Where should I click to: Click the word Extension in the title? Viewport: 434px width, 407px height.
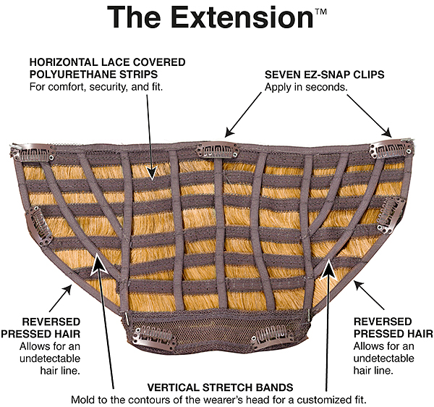tap(242, 17)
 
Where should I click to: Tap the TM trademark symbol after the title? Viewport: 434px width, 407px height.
tap(320, 12)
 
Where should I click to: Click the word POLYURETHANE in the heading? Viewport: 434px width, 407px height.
tap(93, 75)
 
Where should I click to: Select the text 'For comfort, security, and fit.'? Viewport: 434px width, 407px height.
tap(96, 87)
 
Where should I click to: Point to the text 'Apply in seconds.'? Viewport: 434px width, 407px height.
tap(306, 88)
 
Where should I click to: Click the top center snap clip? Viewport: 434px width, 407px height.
tap(217, 151)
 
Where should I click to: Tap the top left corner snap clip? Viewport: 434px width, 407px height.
tap(33, 152)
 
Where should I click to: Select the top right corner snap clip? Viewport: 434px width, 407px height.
tap(391, 149)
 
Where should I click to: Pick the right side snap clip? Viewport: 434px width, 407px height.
tap(390, 214)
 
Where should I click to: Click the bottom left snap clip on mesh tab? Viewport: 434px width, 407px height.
tap(155, 336)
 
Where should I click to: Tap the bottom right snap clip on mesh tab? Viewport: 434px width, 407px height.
tap(273, 337)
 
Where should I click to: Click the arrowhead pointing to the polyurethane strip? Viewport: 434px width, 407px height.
tap(152, 172)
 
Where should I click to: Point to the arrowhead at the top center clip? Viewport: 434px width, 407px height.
tap(229, 131)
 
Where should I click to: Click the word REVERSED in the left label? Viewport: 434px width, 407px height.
tap(51, 322)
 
